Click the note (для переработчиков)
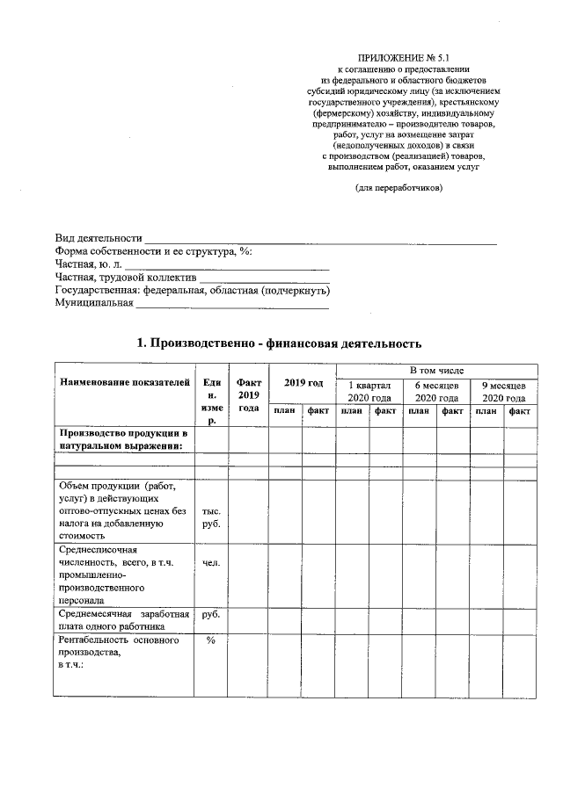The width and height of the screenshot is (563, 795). pos(398,187)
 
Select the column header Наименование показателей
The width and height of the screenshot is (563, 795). pos(124,382)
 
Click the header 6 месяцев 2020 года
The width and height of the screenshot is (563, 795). pos(437,392)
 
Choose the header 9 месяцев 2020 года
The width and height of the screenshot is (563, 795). pos(503,392)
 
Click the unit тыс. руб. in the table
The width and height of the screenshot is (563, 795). pos(211,517)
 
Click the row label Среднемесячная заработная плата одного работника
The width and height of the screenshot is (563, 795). pos(123,620)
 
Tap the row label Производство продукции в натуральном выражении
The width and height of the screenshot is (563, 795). pos(123,440)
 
